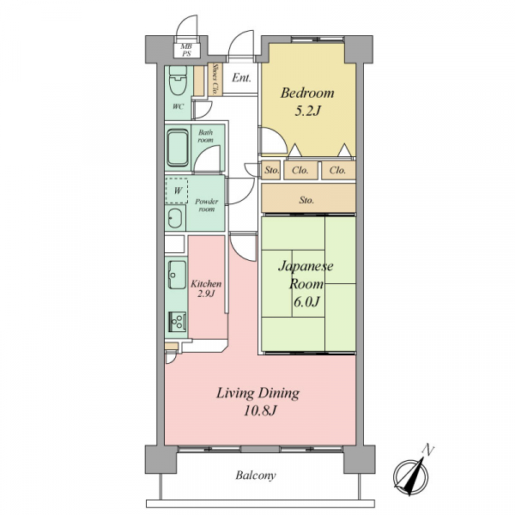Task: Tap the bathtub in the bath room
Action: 178,148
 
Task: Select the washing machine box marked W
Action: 177,191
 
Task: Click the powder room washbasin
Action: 175,218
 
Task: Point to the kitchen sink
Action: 177,275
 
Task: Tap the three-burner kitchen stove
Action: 178,322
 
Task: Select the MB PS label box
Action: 186,51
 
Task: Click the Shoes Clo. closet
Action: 215,79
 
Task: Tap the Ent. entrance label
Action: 241,78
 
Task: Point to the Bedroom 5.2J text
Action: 307,102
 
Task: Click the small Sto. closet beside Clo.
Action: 271,170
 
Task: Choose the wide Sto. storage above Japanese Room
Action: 308,198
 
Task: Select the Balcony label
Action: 256,476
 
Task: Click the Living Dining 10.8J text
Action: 258,402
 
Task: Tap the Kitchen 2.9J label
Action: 206,288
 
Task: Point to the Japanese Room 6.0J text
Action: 306,284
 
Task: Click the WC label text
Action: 178,106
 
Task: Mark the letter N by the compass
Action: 428,449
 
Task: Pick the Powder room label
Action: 206,205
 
